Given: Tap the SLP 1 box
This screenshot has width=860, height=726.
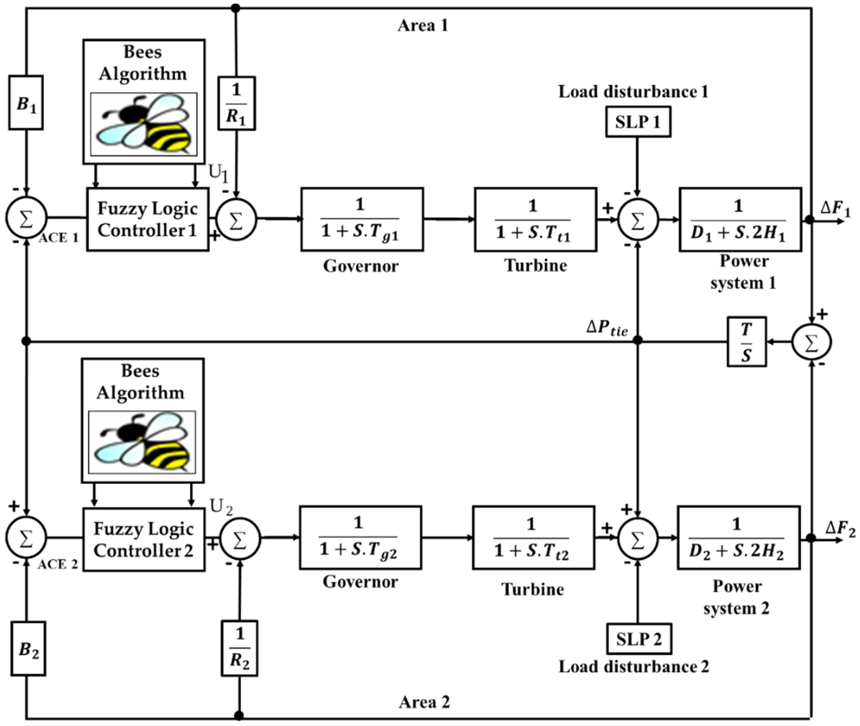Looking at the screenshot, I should pos(638,122).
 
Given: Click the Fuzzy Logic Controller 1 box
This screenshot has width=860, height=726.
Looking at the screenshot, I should pos(147,219).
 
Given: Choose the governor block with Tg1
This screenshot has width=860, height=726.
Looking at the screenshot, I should pos(362,219).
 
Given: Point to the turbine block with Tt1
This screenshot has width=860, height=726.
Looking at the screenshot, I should pos(535,219).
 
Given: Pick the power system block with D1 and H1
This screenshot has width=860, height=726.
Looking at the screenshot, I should pos(740,219).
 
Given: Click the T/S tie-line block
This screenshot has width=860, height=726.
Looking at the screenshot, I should pos(747,342).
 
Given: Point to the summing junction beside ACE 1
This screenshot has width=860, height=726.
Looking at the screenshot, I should pos(26,218).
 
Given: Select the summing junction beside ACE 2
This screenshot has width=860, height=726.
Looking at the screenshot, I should pos(26,537).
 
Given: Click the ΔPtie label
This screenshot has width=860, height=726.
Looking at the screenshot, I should pos(607,328).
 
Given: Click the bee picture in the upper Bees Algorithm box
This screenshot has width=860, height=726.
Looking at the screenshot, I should pos(144,124).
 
